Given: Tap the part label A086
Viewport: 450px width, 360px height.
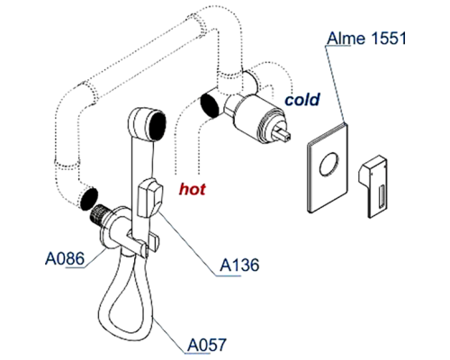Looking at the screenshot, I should click(64, 259).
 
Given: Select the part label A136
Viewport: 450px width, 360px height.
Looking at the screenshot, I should click(239, 265).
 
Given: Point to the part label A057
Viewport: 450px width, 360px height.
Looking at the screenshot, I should click(206, 343).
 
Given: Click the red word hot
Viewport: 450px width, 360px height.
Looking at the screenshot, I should click(193, 189).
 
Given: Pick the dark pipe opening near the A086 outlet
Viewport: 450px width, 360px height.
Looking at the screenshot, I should click(88, 196).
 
